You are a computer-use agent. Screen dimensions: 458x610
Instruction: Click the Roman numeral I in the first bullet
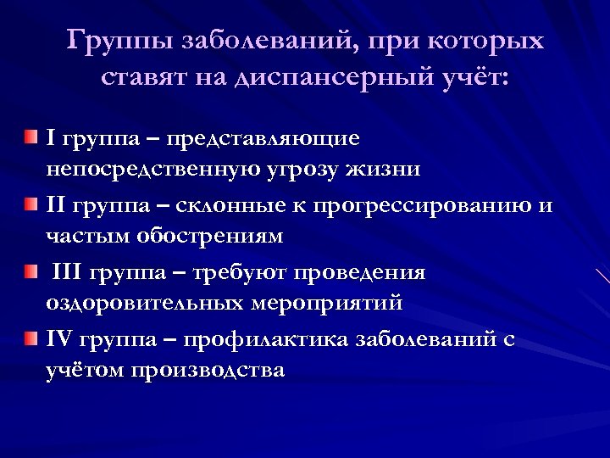click(49, 137)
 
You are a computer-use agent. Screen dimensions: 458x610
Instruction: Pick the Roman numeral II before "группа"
click(55, 205)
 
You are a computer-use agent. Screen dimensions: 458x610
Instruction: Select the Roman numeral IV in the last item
click(60, 340)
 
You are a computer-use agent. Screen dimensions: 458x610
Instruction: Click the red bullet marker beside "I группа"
click(31, 137)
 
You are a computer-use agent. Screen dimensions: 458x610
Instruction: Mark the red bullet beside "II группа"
click(31, 204)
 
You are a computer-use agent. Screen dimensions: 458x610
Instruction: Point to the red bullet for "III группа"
click(31, 272)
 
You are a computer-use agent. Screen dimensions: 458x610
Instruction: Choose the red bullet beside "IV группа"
click(31, 340)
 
